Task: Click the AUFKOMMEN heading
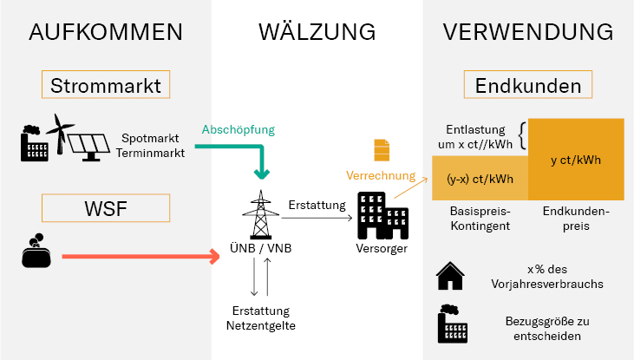click(105, 32)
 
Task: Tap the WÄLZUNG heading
click(317, 32)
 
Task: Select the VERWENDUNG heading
click(528, 32)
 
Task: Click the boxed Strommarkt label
click(106, 86)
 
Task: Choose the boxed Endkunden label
click(528, 87)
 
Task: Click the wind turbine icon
click(61, 134)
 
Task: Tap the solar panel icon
click(91, 143)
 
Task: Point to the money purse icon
click(36, 252)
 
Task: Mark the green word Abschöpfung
click(238, 130)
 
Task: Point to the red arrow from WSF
click(139, 257)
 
